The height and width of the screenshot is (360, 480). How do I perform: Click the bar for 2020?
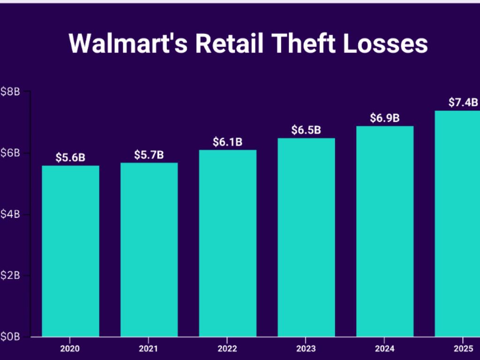coord(70,251)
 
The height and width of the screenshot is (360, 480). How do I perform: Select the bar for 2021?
coord(149,249)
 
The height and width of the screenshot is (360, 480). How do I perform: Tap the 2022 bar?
coord(227,243)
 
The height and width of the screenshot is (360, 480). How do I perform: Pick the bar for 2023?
coord(306,237)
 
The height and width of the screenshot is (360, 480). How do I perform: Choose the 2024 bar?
coord(385,231)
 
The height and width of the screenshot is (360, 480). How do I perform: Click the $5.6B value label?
coord(70,157)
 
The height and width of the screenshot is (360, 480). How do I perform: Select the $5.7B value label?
coord(149,154)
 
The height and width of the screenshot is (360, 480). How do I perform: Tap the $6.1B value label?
coord(227,142)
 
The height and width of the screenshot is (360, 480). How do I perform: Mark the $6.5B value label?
coord(306,130)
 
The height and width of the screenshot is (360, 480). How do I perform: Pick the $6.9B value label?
coord(385,118)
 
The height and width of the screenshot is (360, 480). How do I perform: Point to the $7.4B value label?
coord(463,102)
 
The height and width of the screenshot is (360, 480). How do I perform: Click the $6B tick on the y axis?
coord(10,153)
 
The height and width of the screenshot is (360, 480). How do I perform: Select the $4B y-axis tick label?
coord(10,214)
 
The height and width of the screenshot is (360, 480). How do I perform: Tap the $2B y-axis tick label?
coord(10,275)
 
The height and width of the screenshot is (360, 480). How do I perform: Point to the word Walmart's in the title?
coord(127,44)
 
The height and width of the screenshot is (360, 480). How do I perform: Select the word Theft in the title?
coord(302,44)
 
